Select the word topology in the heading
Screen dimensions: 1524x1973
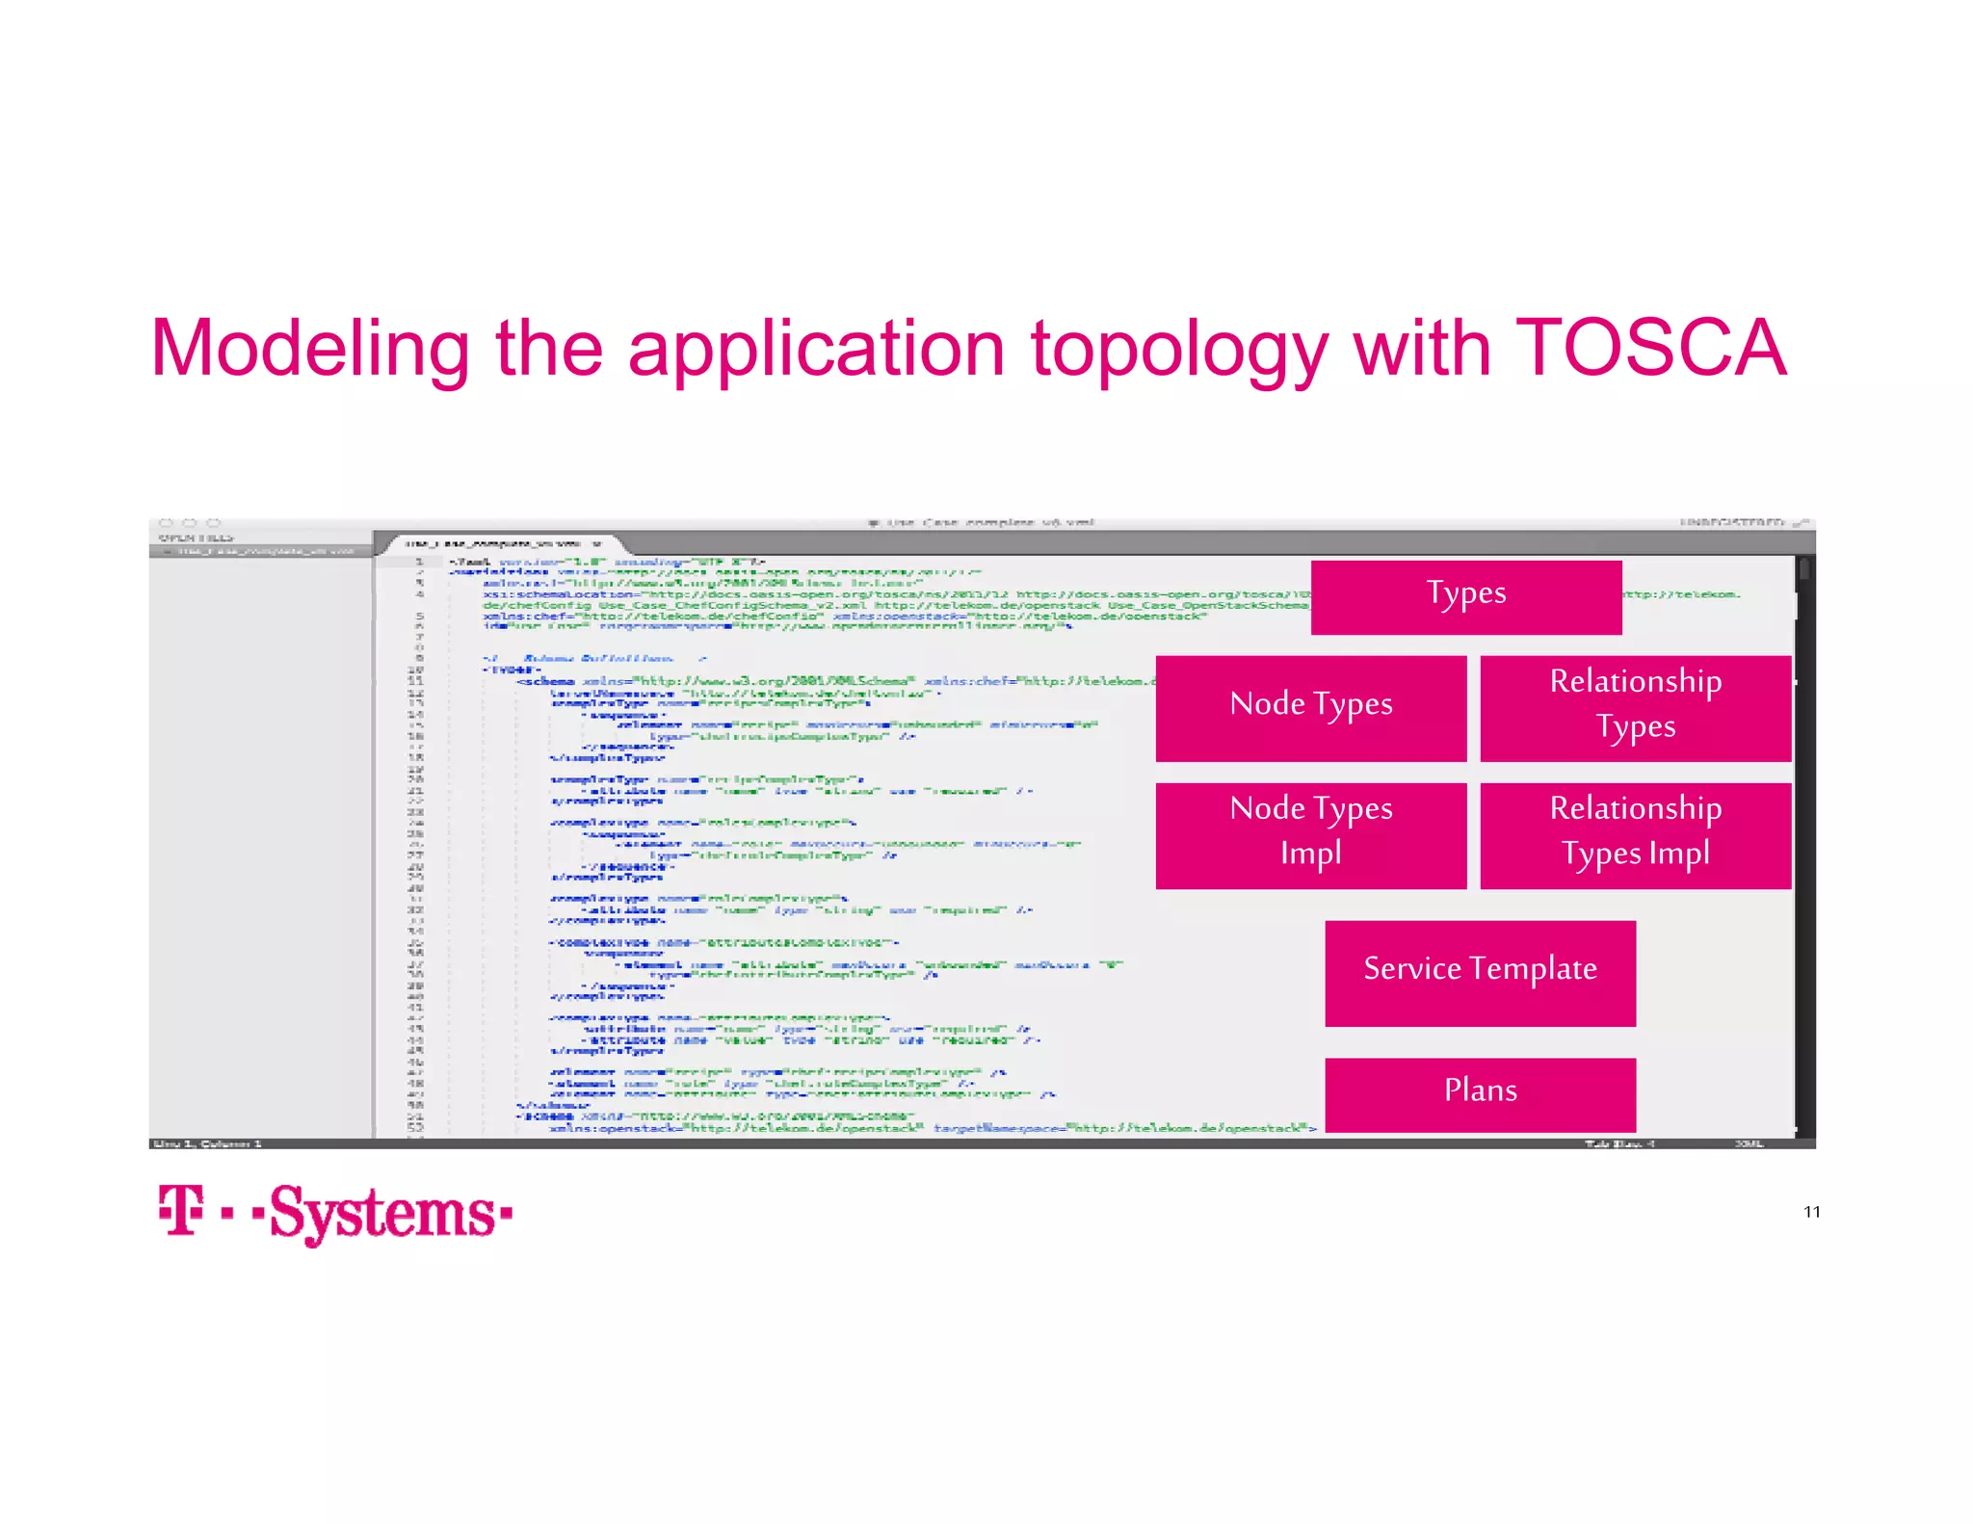(1180, 349)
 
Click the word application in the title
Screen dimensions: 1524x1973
(817, 349)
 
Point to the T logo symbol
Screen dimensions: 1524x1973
(181, 1210)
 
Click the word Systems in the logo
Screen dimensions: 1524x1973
(382, 1213)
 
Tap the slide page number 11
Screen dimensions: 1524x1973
(1811, 1212)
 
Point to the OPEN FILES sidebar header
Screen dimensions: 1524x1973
(196, 538)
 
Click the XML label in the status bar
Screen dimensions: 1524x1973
(1748, 1143)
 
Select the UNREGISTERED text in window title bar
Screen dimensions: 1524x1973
(1731, 522)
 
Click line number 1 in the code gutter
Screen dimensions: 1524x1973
(419, 561)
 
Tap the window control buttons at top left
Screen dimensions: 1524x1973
(189, 522)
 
